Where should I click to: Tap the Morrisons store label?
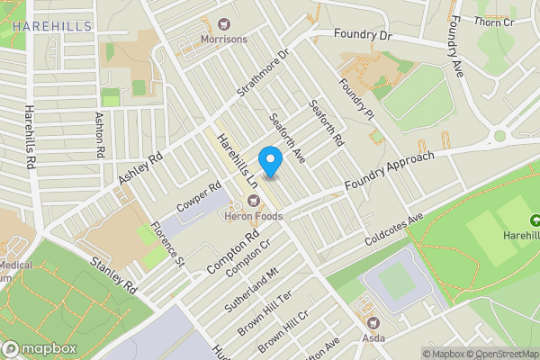(223, 40)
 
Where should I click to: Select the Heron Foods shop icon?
(254, 200)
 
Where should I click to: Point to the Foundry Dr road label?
(363, 35)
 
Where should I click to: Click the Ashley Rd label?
(139, 168)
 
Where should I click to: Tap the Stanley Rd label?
(112, 275)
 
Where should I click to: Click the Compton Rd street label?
(220, 255)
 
